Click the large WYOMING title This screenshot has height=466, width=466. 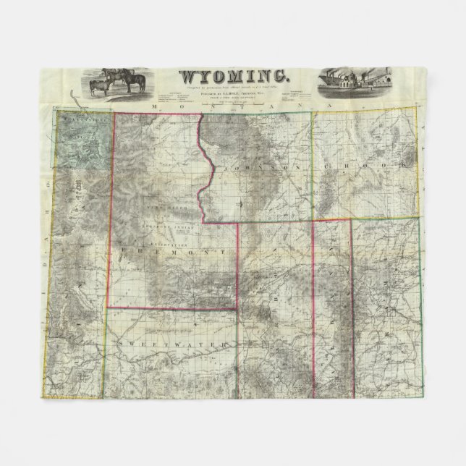(233, 75)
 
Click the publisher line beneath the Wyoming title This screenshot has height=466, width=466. (233, 91)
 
